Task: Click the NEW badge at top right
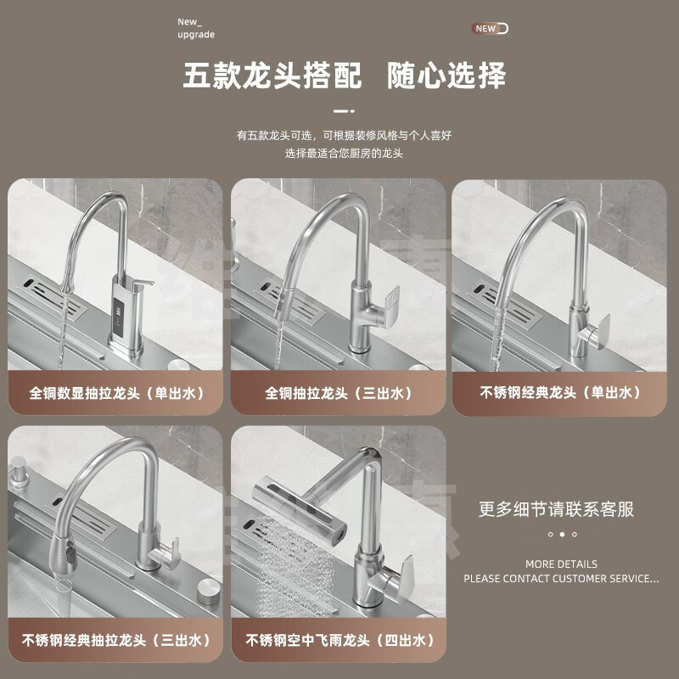pyautogui.click(x=490, y=29)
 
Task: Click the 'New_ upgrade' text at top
pyautogui.click(x=196, y=28)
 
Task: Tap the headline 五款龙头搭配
pyautogui.click(x=272, y=76)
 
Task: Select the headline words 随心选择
pyautogui.click(x=446, y=76)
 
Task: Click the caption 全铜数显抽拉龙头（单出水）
pyautogui.click(x=115, y=394)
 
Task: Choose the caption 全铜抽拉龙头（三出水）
pyautogui.click(x=339, y=394)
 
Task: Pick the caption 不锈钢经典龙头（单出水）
pyautogui.click(x=559, y=393)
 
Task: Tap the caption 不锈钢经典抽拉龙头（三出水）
pyautogui.click(x=115, y=640)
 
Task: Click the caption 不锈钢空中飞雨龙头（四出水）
pyautogui.click(x=339, y=640)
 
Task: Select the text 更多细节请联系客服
pyautogui.click(x=557, y=510)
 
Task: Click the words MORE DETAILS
pyautogui.click(x=561, y=564)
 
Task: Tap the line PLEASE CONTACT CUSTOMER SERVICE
pyautogui.click(x=561, y=579)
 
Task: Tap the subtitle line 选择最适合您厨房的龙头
pyautogui.click(x=343, y=154)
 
